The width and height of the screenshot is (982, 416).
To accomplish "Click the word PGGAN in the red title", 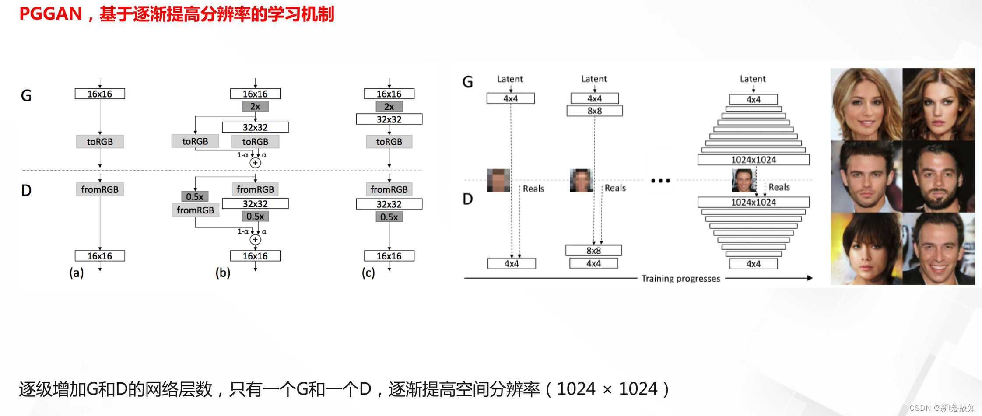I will pyautogui.click(x=51, y=14).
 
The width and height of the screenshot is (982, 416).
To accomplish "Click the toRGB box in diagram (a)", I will pyautogui.click(x=100, y=142).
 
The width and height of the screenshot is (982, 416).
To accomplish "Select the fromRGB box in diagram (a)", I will pyautogui.click(x=100, y=189).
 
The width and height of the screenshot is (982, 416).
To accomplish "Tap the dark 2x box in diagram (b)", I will pyautogui.click(x=255, y=106).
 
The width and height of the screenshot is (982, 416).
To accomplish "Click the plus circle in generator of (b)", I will pyautogui.click(x=255, y=163).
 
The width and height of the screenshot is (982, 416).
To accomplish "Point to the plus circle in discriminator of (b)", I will pyautogui.click(x=255, y=240).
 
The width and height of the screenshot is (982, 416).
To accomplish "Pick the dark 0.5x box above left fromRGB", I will pyautogui.click(x=195, y=196).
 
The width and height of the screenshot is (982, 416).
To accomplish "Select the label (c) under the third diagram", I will pyautogui.click(x=368, y=273).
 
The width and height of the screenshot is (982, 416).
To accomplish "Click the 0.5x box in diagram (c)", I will pyautogui.click(x=389, y=217).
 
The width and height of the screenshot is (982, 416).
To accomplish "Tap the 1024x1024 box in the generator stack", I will pyautogui.click(x=753, y=160).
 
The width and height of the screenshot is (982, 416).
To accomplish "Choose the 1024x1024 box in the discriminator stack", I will pyautogui.click(x=753, y=202).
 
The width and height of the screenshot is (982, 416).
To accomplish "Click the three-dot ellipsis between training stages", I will pyautogui.click(x=660, y=181).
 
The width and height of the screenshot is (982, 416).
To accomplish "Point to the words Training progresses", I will pyautogui.click(x=680, y=279).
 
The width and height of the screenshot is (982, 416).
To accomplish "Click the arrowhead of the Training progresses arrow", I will pyautogui.click(x=810, y=278).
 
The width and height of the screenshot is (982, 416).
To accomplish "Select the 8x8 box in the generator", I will pyautogui.click(x=594, y=111).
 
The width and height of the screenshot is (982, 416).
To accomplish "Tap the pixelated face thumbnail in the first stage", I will pyautogui.click(x=498, y=180).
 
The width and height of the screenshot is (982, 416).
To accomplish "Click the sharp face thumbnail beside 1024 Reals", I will pyautogui.click(x=744, y=180).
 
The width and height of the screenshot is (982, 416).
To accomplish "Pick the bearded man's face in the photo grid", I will pyautogui.click(x=938, y=177).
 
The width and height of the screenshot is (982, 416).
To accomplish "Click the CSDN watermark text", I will pyautogui.click(x=942, y=408).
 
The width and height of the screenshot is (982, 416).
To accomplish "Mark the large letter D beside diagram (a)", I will pyautogui.click(x=26, y=191).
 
